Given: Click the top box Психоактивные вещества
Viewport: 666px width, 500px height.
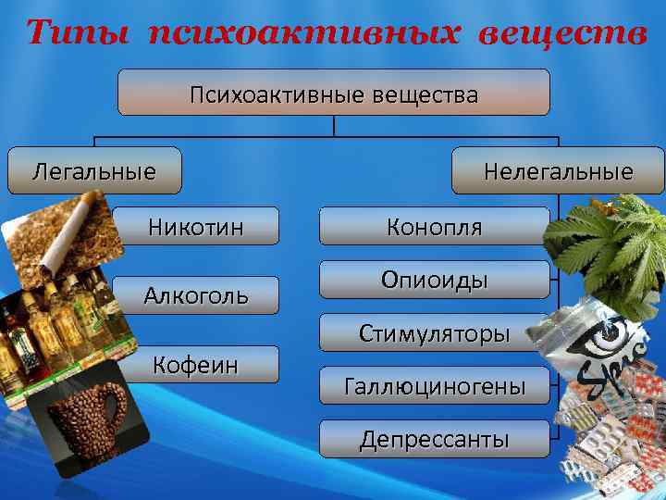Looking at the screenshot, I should (x=333, y=93).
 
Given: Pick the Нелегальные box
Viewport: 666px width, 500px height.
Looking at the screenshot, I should (x=558, y=170).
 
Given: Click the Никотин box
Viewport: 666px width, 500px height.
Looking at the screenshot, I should (x=197, y=226).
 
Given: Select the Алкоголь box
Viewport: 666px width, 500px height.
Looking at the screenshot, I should (x=195, y=295).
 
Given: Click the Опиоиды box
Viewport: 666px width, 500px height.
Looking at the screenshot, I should (x=434, y=280).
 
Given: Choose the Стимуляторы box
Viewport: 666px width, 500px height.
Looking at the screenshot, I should (x=434, y=332).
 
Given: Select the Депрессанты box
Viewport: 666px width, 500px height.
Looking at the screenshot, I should (x=434, y=439).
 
